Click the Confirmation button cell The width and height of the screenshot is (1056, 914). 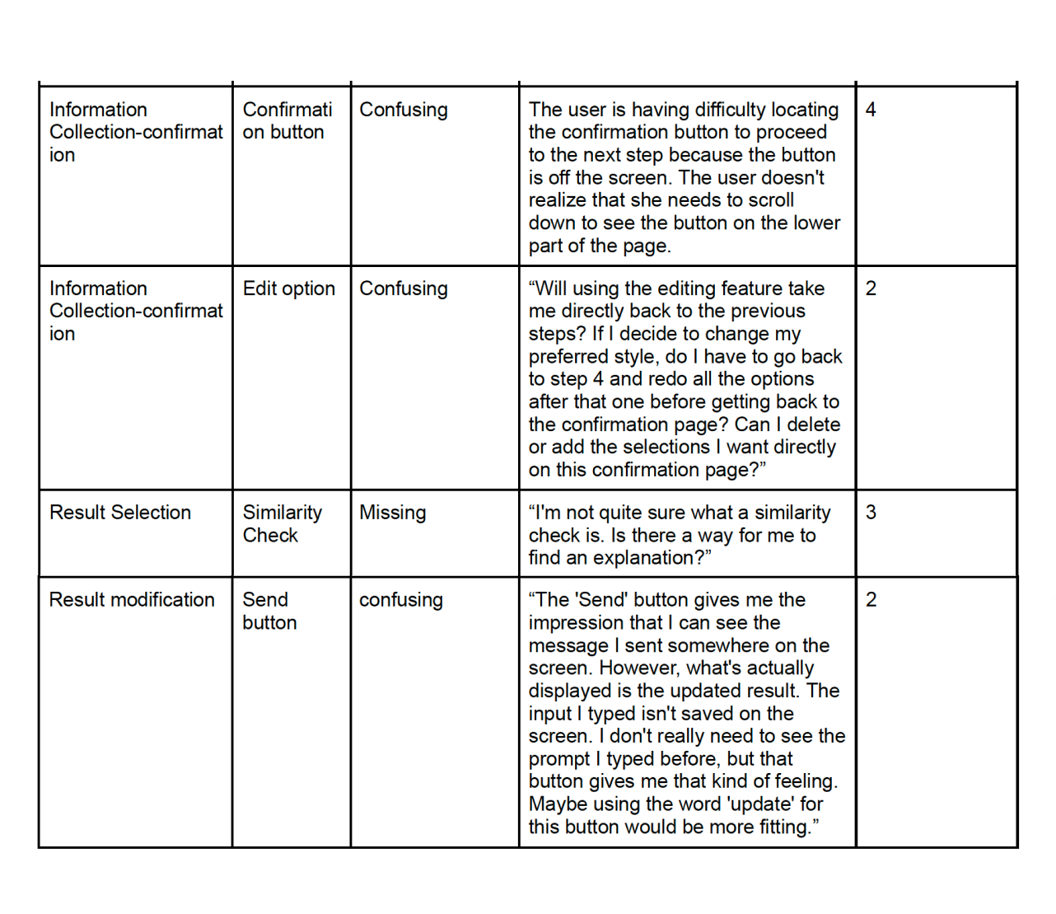(x=287, y=121)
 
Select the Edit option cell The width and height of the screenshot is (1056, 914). (x=289, y=288)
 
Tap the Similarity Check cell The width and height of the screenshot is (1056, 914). (x=282, y=523)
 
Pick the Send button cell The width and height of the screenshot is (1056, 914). (x=269, y=611)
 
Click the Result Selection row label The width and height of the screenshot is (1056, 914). (x=120, y=513)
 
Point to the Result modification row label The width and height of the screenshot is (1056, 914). (x=132, y=600)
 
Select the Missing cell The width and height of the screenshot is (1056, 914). (x=393, y=513)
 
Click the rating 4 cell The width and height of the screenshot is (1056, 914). (x=871, y=110)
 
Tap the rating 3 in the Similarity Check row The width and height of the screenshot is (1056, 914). (x=871, y=513)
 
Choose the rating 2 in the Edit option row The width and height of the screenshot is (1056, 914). (x=871, y=288)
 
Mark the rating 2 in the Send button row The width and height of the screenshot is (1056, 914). (x=871, y=600)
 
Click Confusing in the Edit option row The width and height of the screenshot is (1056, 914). (x=404, y=288)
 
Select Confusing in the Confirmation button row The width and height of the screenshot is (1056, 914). (x=404, y=110)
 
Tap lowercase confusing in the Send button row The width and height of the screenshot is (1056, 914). (x=401, y=600)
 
